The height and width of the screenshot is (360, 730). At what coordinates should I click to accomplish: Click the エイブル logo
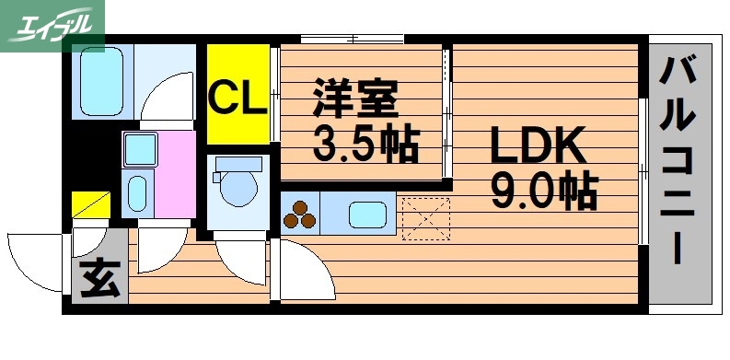click(52, 26)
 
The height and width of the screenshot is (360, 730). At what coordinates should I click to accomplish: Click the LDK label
click(536, 145)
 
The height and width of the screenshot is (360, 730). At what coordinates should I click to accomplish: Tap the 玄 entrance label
click(98, 278)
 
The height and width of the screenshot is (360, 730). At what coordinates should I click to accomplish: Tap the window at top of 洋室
click(353, 40)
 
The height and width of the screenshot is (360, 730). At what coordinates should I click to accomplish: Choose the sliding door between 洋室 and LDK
click(447, 114)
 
